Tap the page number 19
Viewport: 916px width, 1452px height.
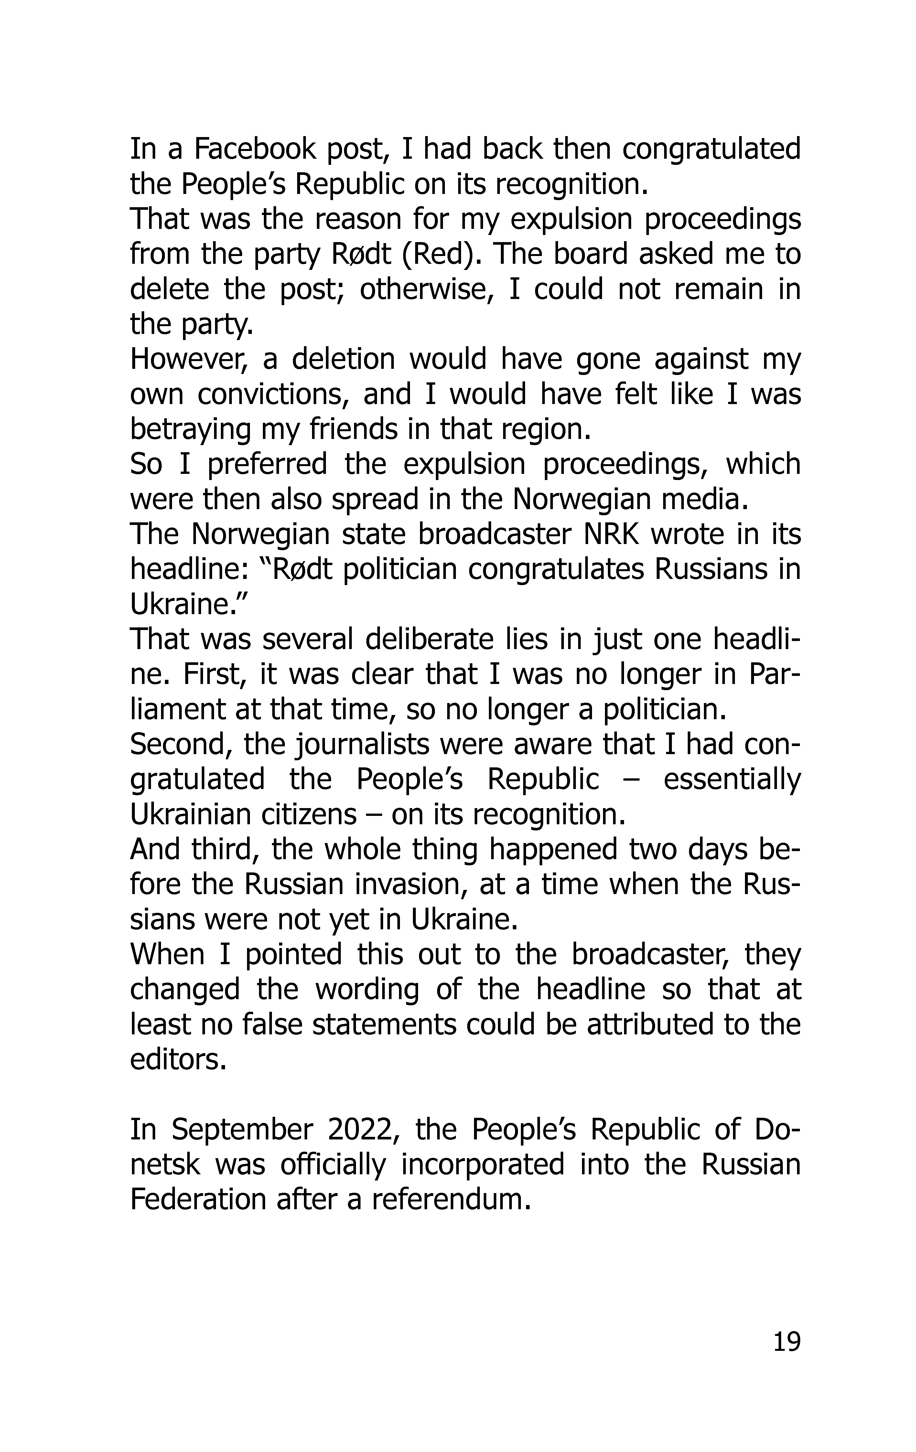coord(786,1342)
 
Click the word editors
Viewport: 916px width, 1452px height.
coord(178,1060)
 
